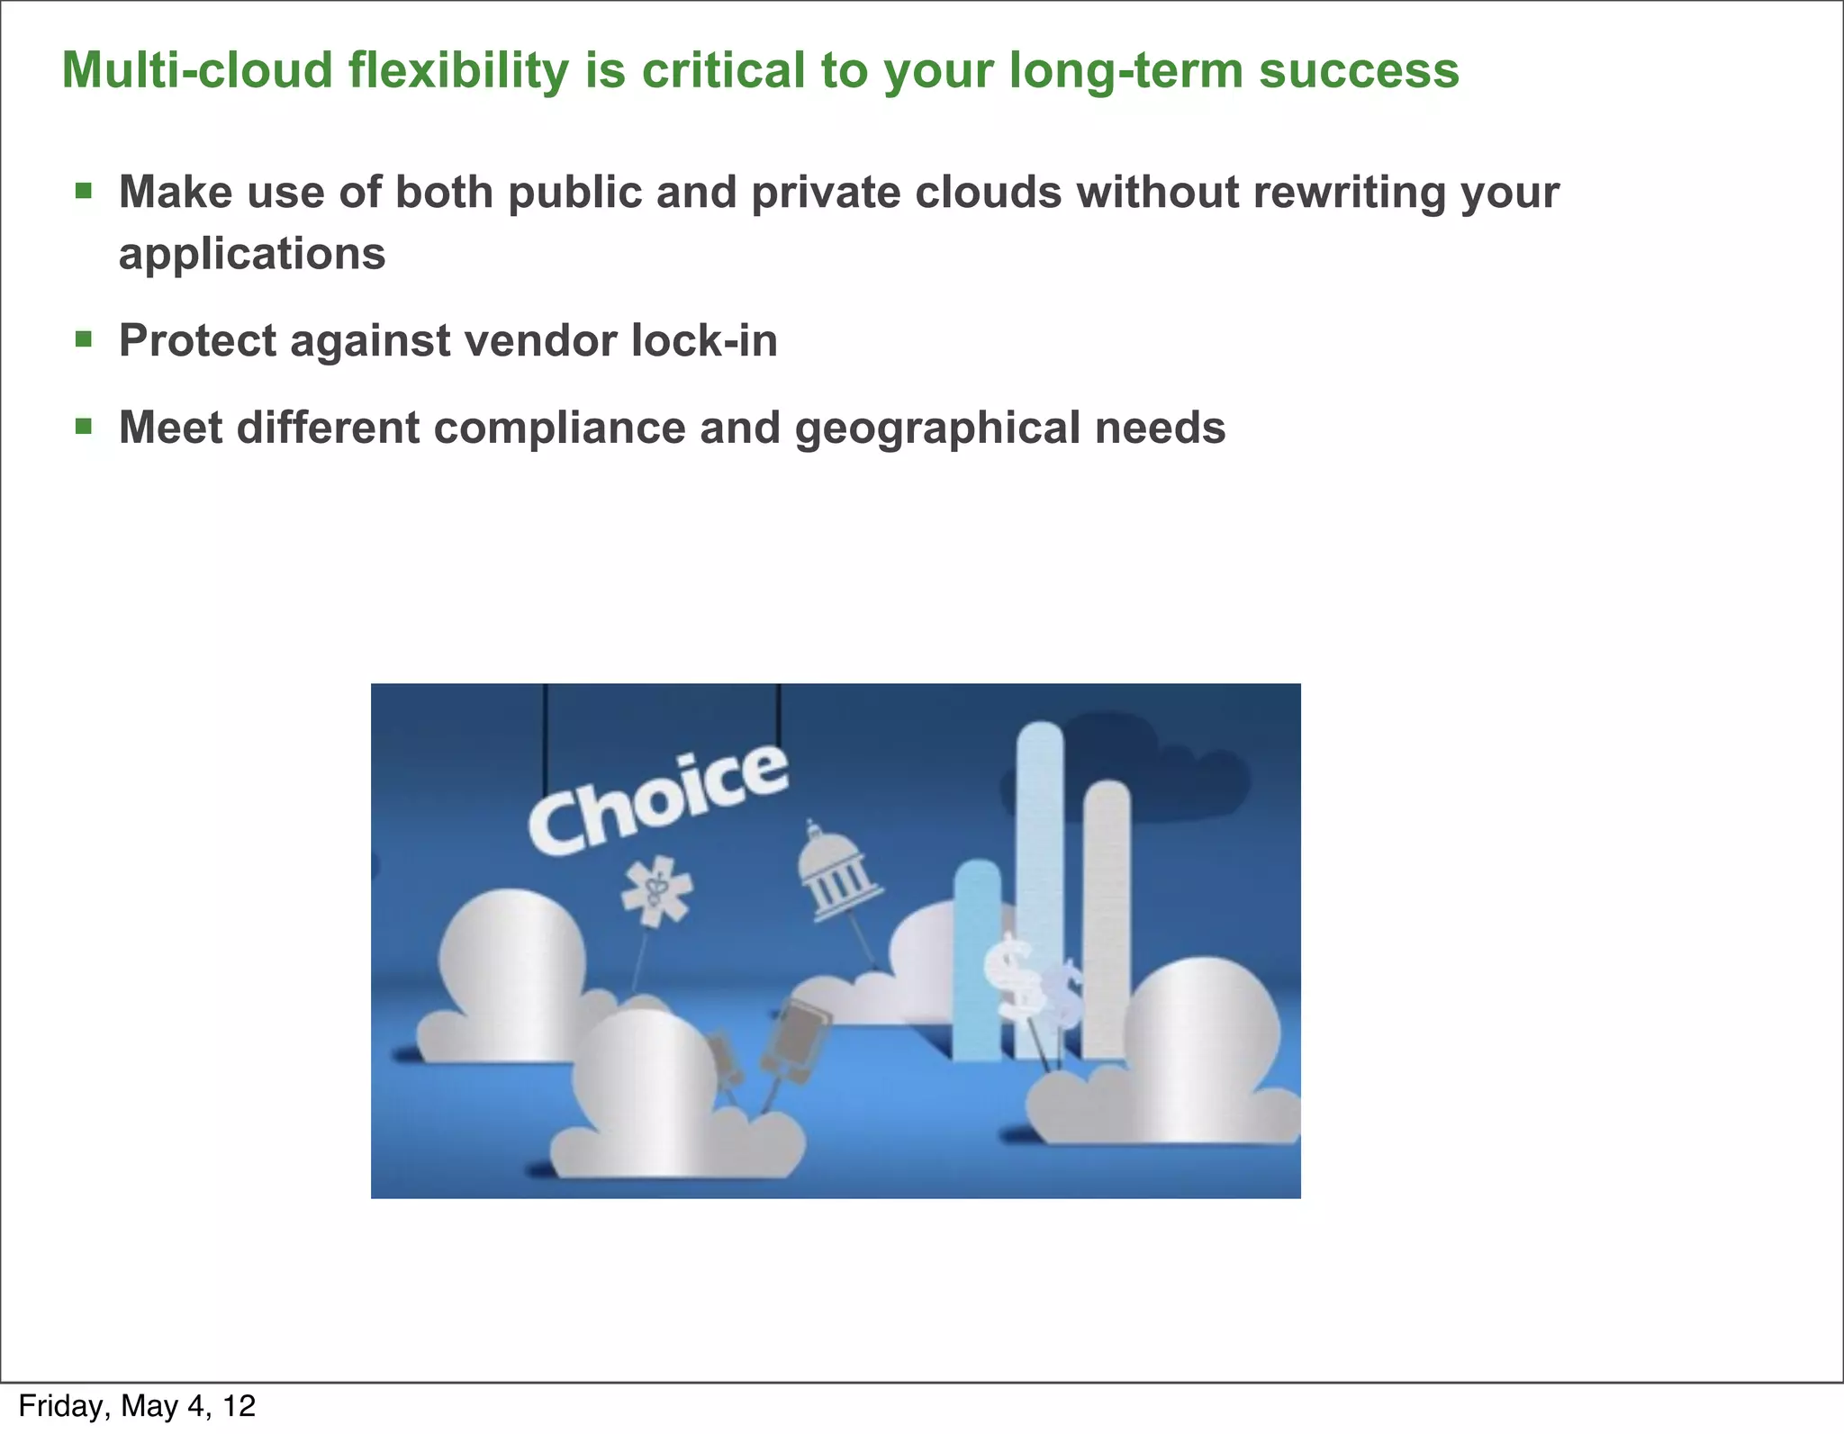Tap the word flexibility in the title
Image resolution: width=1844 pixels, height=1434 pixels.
458,70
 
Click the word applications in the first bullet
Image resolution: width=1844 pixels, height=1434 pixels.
252,254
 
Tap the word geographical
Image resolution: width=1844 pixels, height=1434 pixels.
936,428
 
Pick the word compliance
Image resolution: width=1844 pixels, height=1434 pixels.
559,428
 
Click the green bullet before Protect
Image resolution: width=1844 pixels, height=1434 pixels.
84,338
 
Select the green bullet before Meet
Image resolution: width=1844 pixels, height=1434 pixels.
84,426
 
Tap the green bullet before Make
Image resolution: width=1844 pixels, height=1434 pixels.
84,190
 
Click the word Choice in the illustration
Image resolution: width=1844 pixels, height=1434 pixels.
657,801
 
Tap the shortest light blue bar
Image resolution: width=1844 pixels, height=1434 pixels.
977,959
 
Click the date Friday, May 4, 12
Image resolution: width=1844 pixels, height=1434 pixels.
137,1405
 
